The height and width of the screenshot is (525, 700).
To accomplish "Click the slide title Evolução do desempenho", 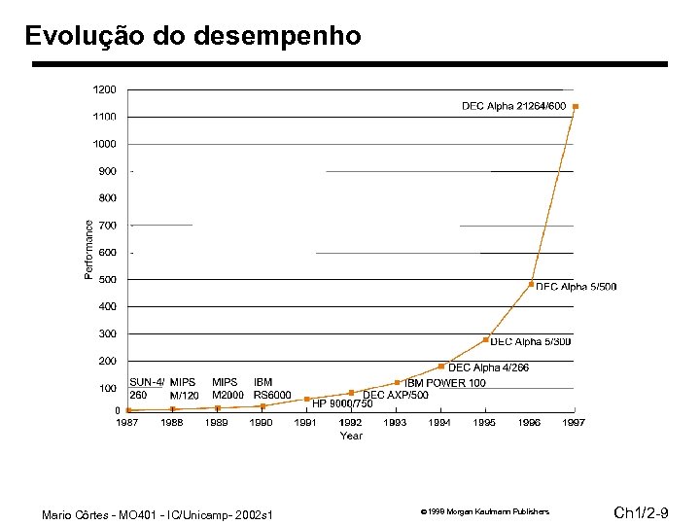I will click(x=192, y=36).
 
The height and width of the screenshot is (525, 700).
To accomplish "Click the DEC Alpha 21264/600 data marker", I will click(x=576, y=106).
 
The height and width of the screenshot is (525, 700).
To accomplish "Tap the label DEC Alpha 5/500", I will click(x=576, y=287).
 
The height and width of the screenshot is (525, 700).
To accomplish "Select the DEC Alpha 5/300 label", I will click(x=530, y=341).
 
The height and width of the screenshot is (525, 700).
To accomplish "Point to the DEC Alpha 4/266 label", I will click(x=488, y=367).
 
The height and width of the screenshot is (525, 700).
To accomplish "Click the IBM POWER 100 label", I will click(x=445, y=383).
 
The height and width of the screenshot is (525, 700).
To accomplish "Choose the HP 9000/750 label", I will click(x=341, y=403).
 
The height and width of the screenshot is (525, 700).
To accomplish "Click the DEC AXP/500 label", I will click(x=395, y=395).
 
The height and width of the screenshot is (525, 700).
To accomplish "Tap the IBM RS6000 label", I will click(x=272, y=389).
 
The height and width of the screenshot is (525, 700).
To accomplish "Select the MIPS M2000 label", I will click(x=227, y=389).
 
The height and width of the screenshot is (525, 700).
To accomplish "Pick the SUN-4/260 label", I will click(x=147, y=389).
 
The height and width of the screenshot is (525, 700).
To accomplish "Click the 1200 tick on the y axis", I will click(x=105, y=89).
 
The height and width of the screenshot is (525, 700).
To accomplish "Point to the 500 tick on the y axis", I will click(x=107, y=280).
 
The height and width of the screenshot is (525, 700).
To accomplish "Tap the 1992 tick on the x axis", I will click(x=351, y=423).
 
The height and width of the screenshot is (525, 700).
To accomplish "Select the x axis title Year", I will click(x=351, y=436).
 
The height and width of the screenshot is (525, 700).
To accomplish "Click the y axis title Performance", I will click(x=89, y=250).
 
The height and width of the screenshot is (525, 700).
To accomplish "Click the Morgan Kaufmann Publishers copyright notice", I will click(x=484, y=511).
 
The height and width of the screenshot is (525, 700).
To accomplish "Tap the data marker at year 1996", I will click(x=531, y=285).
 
